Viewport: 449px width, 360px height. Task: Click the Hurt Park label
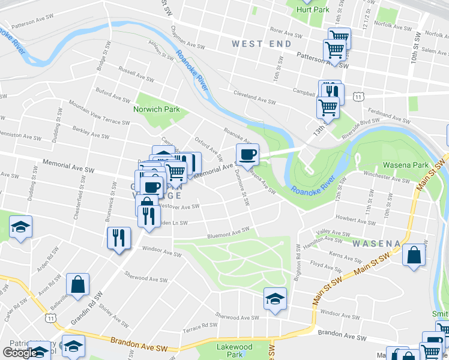point(312,10)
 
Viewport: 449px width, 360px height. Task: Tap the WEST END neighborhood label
point(262,44)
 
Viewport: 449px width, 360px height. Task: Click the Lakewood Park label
point(234,350)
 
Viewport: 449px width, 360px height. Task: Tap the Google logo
point(19,352)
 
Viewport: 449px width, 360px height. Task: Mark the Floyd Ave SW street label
point(326,265)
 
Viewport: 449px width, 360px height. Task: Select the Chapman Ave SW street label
point(188,44)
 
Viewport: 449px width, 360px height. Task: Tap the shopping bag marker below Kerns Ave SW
point(414,254)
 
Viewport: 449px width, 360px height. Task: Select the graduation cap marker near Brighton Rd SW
point(275,298)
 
